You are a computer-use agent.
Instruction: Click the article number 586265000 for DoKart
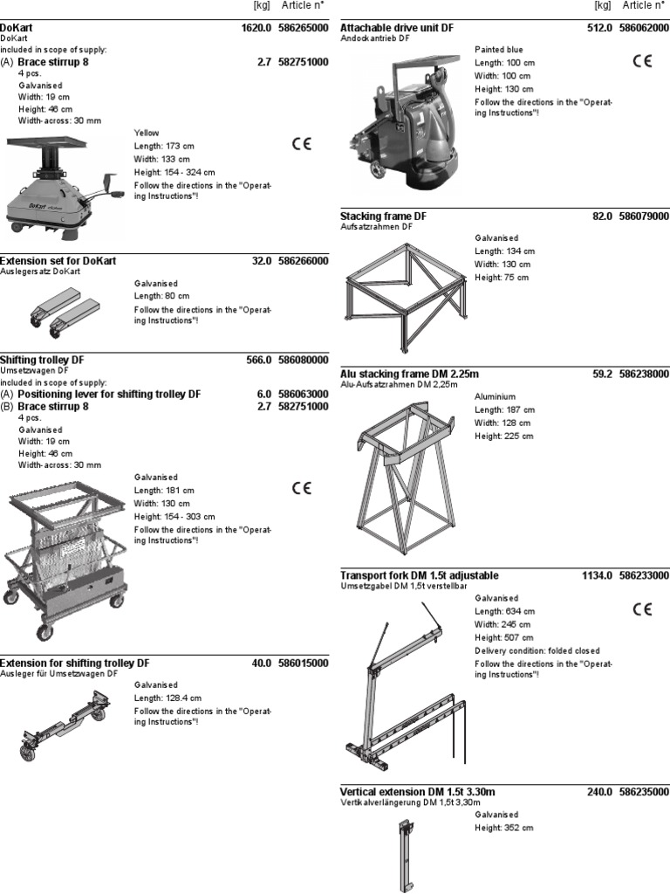(x=304, y=29)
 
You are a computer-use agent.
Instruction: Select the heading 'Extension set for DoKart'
(x=58, y=261)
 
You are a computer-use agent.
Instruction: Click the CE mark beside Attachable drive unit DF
(x=641, y=61)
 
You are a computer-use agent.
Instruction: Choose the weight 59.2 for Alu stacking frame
(x=602, y=375)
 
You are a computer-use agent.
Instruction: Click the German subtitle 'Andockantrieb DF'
(x=376, y=39)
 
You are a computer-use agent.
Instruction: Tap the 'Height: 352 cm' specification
(x=504, y=828)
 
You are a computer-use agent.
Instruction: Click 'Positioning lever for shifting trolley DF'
(x=109, y=395)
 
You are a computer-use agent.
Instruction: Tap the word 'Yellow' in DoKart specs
(x=147, y=133)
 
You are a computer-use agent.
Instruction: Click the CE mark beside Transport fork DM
(x=641, y=609)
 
